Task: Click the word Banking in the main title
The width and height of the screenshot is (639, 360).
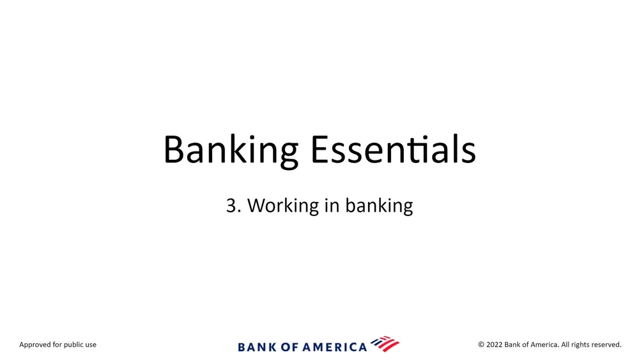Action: tap(231, 150)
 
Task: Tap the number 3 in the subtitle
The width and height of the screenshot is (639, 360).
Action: tap(231, 205)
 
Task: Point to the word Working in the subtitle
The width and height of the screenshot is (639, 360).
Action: tap(283, 205)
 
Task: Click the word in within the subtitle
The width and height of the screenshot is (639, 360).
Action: tap(332, 205)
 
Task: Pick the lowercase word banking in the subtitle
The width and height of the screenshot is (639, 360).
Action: tap(379, 205)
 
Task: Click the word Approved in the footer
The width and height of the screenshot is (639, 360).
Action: tap(35, 345)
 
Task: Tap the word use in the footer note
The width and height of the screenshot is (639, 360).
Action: tap(91, 345)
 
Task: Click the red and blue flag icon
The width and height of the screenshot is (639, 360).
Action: tap(385, 344)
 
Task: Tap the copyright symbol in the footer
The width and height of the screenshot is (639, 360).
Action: tap(481, 345)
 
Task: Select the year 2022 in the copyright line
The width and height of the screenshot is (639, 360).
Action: tap(495, 345)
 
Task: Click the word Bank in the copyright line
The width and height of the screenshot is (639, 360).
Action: tap(512, 345)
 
